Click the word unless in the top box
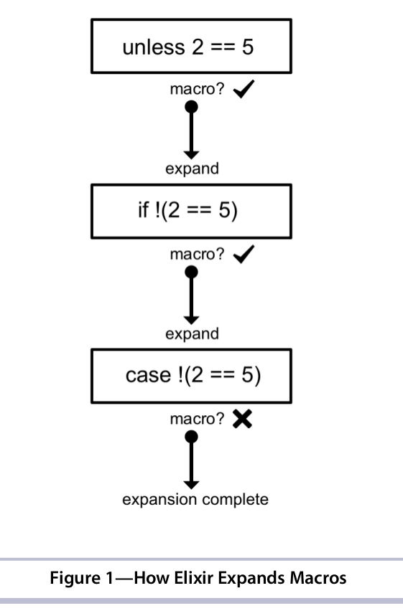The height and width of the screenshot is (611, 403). pos(154,47)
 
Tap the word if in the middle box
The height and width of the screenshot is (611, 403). pos(143,209)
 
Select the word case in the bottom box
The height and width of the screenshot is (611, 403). pos(148,375)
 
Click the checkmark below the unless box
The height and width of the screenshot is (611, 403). pos(244,89)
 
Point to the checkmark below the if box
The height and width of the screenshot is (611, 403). pos(244,254)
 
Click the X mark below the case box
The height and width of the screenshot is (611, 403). pos(243,420)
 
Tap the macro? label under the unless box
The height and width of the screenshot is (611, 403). pos(198,89)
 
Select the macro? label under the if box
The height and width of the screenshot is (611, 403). pos(198,255)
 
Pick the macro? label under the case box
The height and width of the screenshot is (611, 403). pos(198,420)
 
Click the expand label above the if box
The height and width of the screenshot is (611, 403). pos(192,169)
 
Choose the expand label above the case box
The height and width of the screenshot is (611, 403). pos(192,334)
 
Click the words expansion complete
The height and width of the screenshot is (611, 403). pos(195,500)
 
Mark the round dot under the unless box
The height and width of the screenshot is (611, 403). pos(191,107)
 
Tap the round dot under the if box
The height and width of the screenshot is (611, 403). pos(191,272)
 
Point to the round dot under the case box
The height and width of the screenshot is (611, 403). pos(191,437)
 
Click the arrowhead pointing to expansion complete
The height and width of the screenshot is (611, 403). pos(191,485)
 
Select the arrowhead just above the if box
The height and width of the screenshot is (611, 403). pos(191,155)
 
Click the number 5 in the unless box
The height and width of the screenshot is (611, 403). pos(248,47)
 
